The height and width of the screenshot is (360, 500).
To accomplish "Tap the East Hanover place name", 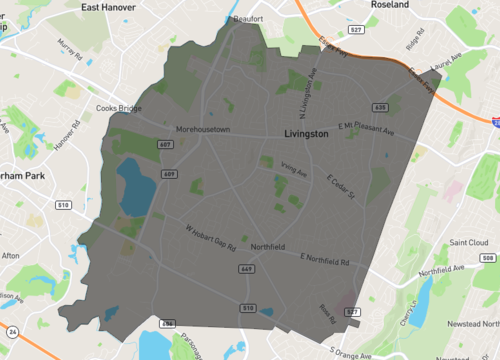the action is pyautogui.click(x=111, y=7).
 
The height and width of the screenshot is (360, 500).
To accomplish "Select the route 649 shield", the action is pyautogui.click(x=246, y=268).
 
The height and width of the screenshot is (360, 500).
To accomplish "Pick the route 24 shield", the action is pyautogui.click(x=11, y=331).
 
